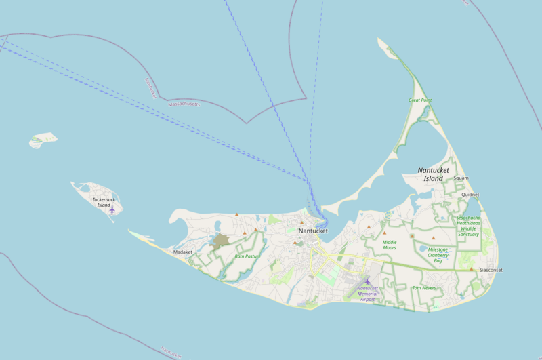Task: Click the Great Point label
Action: [420, 100]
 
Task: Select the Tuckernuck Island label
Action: [104, 202]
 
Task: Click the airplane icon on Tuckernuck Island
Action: [112, 210]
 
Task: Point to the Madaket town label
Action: [183, 252]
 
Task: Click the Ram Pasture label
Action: [247, 256]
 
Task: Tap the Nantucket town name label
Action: [313, 231]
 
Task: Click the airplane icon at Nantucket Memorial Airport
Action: [367, 281]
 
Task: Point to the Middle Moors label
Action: [390, 245]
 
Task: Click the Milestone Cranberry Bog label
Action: [438, 255]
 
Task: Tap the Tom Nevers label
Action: [425, 287]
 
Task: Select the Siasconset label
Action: [491, 270]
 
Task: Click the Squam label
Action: [461, 178]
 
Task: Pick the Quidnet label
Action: [470, 194]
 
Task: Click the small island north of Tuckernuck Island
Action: [43, 140]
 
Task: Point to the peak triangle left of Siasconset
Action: [471, 268]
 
